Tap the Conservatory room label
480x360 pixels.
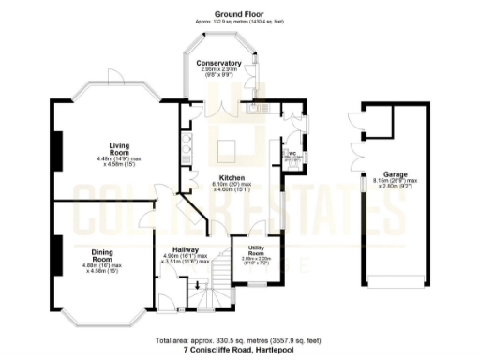click(x=219, y=63)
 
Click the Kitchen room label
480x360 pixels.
click(x=232, y=177)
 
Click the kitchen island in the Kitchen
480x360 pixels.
click(x=229, y=149)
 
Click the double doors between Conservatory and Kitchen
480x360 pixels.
click(x=220, y=111)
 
